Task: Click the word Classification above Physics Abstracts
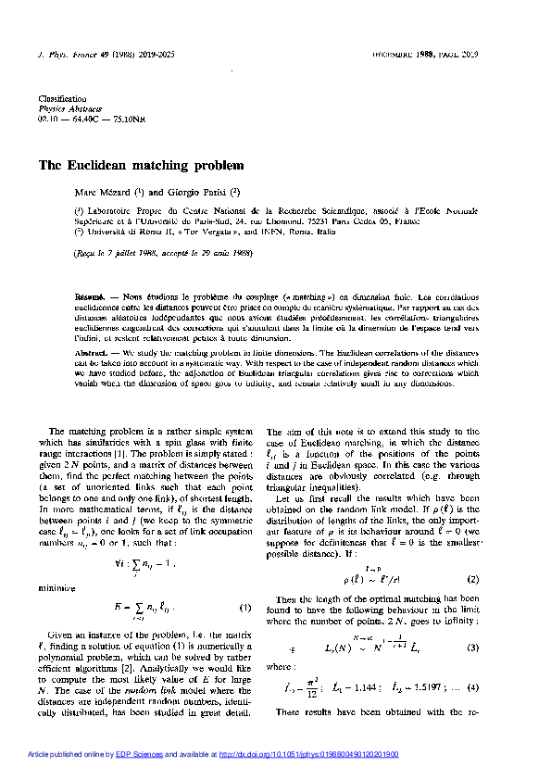(x=62, y=98)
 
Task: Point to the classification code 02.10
(x=47, y=120)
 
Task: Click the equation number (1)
(x=246, y=608)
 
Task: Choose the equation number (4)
(x=471, y=686)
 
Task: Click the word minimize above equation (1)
(x=55, y=586)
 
